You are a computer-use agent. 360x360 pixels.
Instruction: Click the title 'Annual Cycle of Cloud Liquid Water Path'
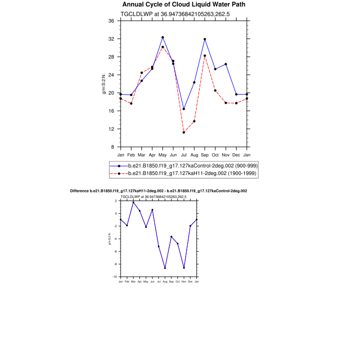tap(184, 5)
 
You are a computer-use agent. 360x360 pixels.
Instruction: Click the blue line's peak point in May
tap(163, 37)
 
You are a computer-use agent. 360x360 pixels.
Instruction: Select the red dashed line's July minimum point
tap(184, 132)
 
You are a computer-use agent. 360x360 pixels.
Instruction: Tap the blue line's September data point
tap(205, 39)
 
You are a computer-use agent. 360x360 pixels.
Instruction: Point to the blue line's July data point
tap(184, 109)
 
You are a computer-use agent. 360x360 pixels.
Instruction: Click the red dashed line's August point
tap(194, 121)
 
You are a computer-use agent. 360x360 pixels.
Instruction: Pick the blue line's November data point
tap(226, 64)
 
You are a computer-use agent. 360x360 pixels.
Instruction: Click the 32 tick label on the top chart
tap(111, 39)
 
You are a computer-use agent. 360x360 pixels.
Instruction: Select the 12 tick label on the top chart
tap(111, 129)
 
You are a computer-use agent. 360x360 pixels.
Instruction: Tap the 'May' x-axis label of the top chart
tap(163, 154)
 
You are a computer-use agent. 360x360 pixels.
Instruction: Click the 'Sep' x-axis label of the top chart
tap(205, 154)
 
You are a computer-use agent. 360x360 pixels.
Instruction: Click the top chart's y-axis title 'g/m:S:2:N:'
tap(104, 84)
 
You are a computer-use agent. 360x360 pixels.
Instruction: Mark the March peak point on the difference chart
tap(133, 202)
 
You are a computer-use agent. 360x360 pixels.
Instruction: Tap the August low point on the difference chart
tap(165, 268)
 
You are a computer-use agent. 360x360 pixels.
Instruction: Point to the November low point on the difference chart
tap(184, 268)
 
